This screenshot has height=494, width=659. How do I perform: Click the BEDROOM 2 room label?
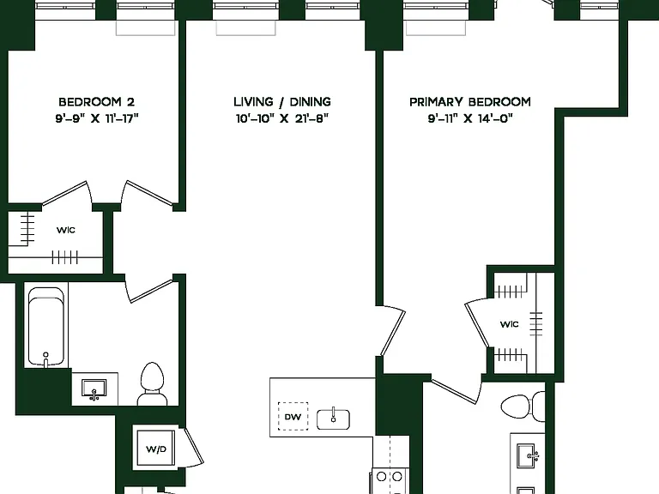coord(96,102)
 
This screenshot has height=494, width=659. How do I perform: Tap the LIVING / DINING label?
coord(282,102)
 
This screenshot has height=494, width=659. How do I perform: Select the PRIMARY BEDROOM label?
coord(470,102)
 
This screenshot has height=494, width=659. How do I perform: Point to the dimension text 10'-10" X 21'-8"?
coord(281,118)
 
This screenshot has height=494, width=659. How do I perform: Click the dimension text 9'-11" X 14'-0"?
coord(470,118)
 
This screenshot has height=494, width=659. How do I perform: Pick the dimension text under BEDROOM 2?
coord(96,118)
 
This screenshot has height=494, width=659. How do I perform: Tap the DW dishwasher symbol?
coord(293,416)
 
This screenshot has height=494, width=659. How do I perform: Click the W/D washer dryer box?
coord(155,449)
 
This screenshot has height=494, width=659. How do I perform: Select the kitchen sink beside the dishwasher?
coord(333,419)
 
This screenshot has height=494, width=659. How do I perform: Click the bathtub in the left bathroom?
coord(46,327)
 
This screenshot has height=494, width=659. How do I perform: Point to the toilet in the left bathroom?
coord(152,384)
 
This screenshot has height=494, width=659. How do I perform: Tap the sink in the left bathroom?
coord(94,389)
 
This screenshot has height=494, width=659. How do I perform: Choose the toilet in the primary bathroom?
coord(523,407)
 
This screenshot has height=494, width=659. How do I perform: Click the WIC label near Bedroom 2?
coord(66,230)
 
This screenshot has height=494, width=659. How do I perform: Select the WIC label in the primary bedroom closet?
coord(510,324)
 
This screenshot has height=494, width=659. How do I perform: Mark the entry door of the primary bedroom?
coord(391,332)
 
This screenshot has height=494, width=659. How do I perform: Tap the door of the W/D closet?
coord(192,447)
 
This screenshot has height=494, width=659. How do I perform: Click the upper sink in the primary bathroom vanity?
coord(529,455)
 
